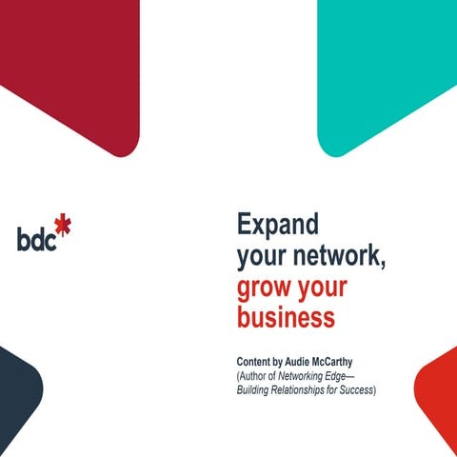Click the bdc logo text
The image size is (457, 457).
[x=36, y=237]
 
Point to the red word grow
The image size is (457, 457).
[x=262, y=288]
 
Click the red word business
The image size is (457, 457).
[x=286, y=318]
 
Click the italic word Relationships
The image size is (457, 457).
[x=305, y=390]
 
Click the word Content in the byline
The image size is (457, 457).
[x=256, y=363]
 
